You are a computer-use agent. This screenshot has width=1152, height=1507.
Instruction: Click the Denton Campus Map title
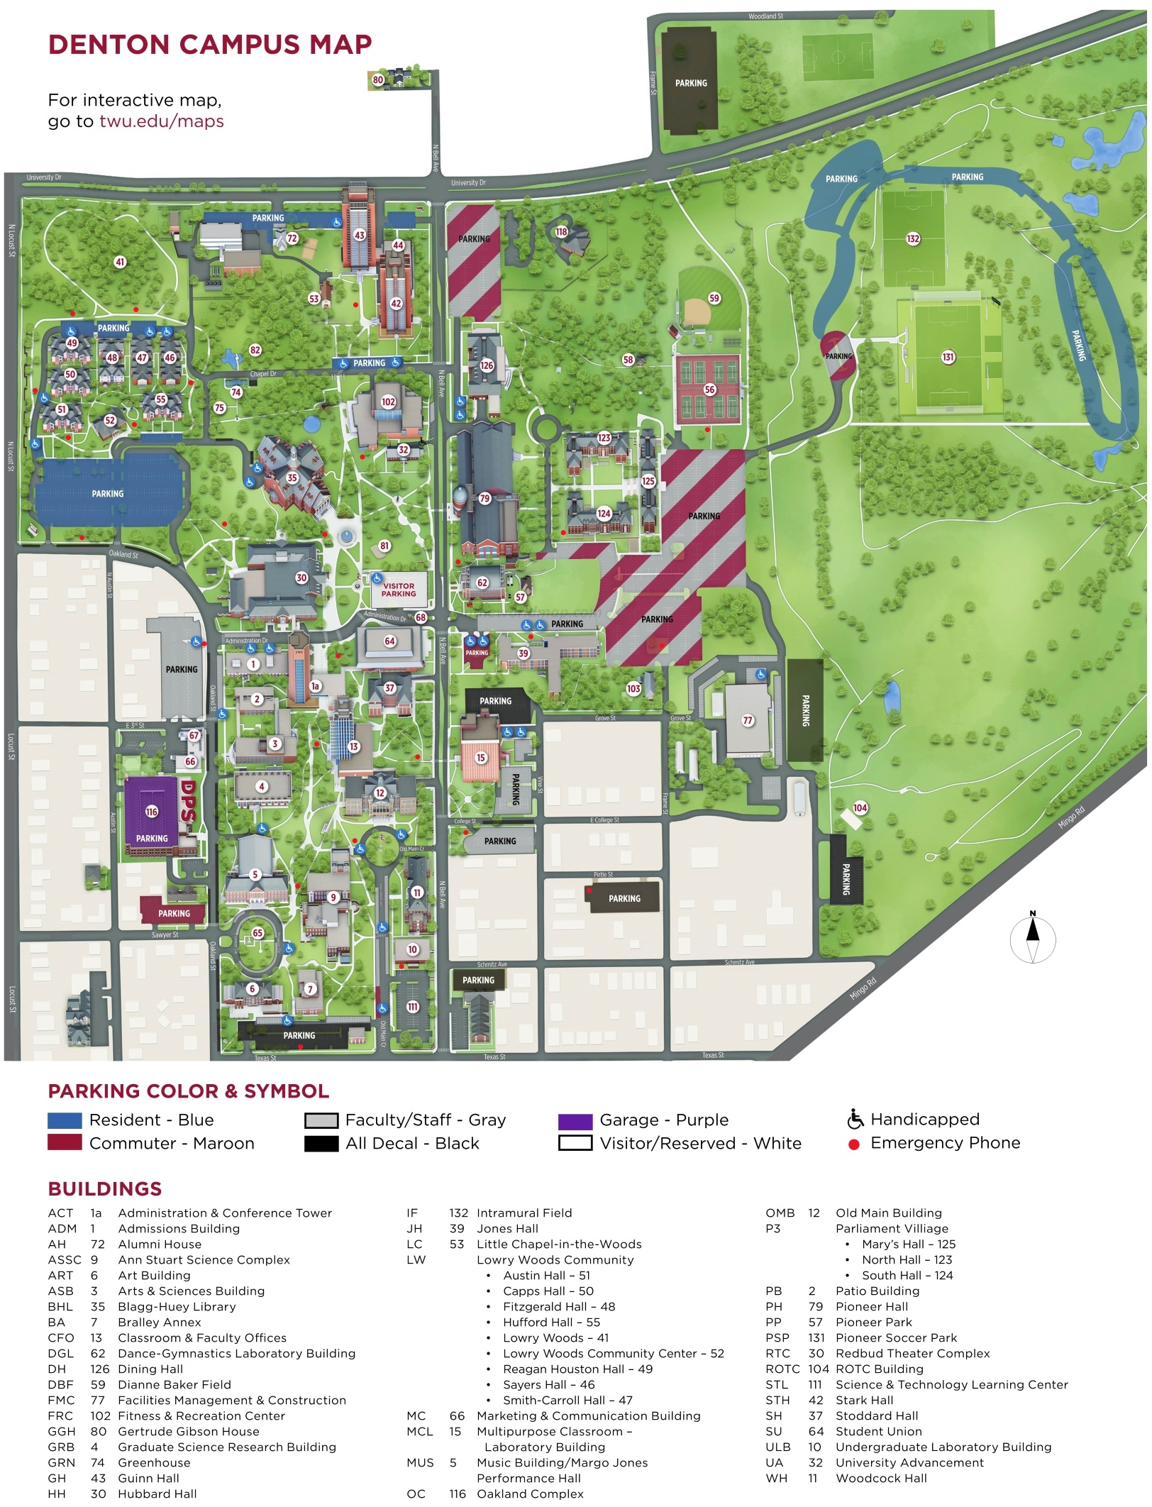coord(210,45)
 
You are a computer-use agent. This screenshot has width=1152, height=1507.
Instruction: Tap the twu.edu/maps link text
coord(161,121)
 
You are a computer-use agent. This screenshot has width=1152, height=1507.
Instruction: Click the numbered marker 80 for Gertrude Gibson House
coord(378,80)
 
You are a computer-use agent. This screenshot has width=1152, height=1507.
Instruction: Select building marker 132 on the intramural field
coord(913,238)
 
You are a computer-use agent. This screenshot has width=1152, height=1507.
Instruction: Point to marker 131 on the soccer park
coord(948,357)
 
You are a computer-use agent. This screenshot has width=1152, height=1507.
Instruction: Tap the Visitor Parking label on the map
coord(399,590)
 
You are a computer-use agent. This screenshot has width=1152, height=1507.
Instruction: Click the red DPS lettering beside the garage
coord(187,802)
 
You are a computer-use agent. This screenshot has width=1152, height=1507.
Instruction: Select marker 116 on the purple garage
coord(152,812)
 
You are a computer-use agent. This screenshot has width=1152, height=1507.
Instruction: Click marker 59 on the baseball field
coord(714,299)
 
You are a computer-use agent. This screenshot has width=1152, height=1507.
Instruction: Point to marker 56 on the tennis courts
coord(709,390)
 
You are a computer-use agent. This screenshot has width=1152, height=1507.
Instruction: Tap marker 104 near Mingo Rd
coord(860,808)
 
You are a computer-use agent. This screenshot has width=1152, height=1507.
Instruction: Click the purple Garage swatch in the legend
coord(575,1122)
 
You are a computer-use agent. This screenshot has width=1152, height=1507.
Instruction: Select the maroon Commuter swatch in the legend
coord(65,1144)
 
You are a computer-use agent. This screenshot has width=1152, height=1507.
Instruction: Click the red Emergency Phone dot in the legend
coord(854,1144)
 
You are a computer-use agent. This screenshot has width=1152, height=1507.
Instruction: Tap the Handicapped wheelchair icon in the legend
coord(855,1120)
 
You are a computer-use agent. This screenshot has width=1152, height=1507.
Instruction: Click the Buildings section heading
coord(105,1189)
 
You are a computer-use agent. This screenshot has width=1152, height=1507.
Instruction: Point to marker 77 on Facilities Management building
coord(748,721)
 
